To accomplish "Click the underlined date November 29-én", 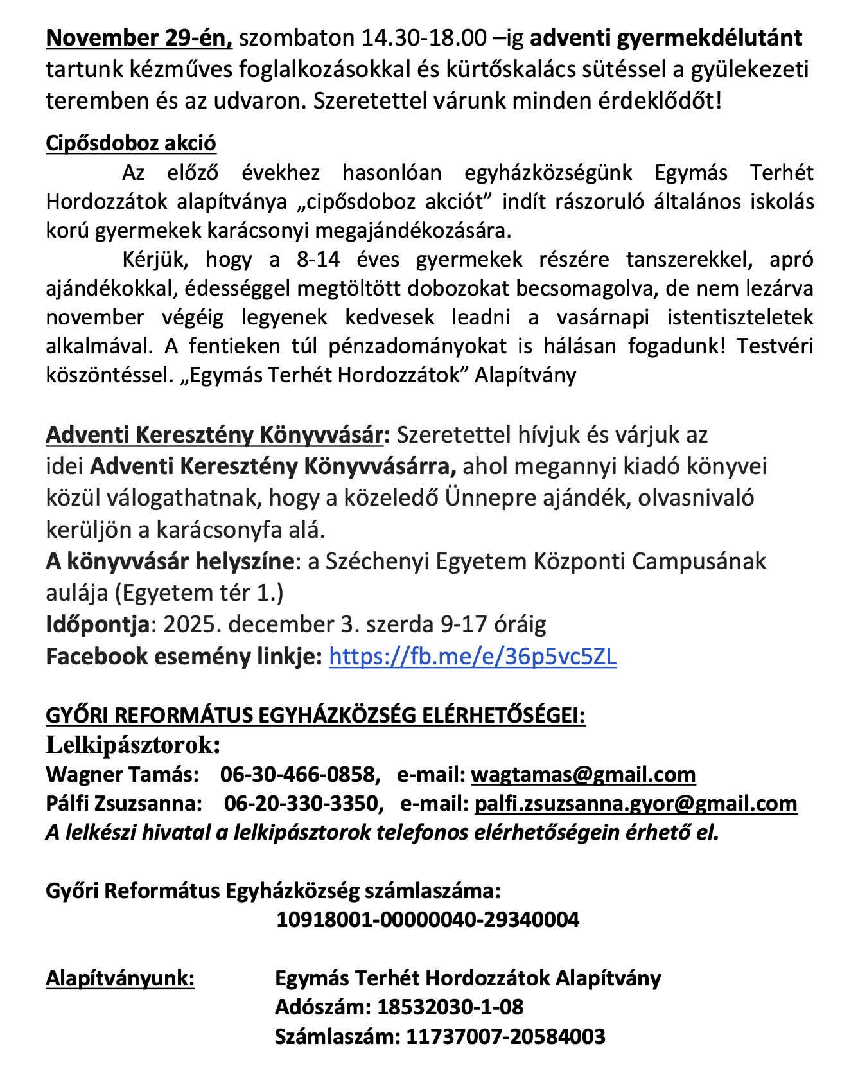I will tap(139, 39).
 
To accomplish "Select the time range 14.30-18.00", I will tap(424, 39).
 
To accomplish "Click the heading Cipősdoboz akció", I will tap(131, 143).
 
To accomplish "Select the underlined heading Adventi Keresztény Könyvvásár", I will tap(214, 435).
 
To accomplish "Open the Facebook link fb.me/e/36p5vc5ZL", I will tap(473, 656).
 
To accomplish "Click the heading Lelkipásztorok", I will tap(134, 745).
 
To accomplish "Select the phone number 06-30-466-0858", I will tap(297, 774).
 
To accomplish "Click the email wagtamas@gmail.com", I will tap(583, 774).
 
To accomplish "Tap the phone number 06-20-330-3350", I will tap(301, 803).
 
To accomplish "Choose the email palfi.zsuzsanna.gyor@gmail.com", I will tap(636, 803).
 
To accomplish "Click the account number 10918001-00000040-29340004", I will tap(428, 919).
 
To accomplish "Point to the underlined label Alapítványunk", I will tap(120, 978).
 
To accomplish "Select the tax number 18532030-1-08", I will tap(450, 1007).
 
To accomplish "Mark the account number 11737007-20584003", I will tap(505, 1036).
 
